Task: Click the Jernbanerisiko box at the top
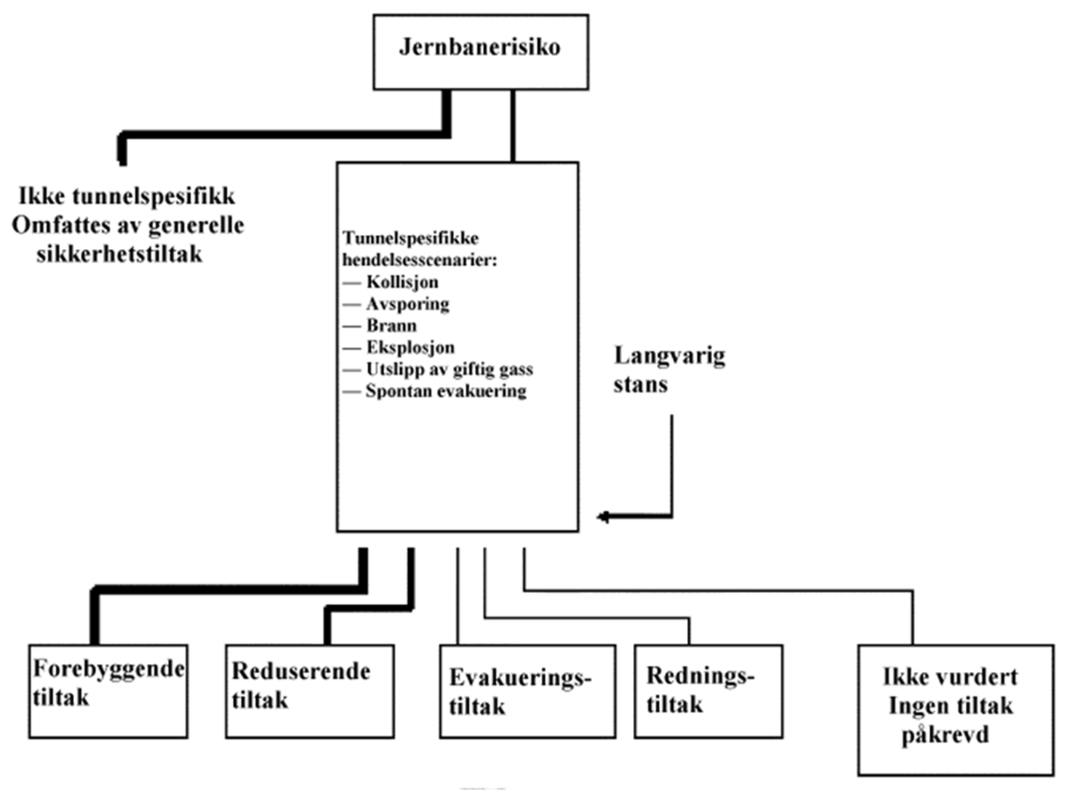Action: pyautogui.click(x=480, y=51)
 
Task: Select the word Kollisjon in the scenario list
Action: pyautogui.click(x=402, y=282)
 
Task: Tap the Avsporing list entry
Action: pyautogui.click(x=407, y=304)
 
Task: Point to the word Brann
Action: pyautogui.click(x=391, y=326)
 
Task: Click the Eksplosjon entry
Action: pyautogui.click(x=410, y=347)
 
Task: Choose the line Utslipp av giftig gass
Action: pyautogui.click(x=449, y=369)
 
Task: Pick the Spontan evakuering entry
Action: pyautogui.click(x=445, y=391)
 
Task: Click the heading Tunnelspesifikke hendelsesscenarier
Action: pyautogui.click(x=419, y=248)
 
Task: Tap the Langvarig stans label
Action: pyautogui.click(x=668, y=369)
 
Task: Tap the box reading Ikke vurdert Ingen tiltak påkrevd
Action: pyautogui.click(x=955, y=709)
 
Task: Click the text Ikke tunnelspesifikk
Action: pyautogui.click(x=127, y=196)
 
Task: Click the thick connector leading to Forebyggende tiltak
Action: pyautogui.click(x=227, y=589)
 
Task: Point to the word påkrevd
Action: pyautogui.click(x=945, y=735)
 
